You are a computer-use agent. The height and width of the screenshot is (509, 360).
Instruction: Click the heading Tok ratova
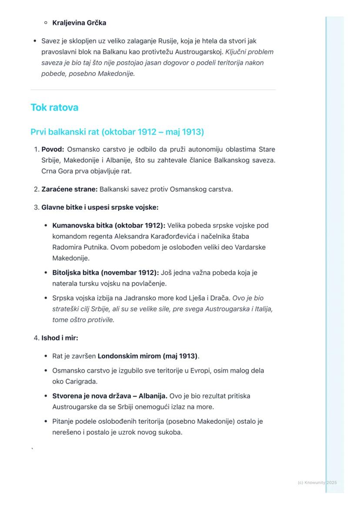[54, 107]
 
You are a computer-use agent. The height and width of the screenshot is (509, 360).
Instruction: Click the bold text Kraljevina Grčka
[79, 23]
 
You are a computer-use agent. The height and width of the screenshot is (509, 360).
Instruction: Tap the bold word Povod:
[53, 150]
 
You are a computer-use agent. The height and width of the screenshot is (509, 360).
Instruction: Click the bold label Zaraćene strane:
[70, 189]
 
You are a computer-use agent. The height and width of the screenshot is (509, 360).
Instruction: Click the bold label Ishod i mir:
[60, 338]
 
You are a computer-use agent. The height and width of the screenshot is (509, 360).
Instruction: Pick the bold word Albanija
[153, 396]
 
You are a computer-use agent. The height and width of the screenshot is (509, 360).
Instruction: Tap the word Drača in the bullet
[220, 298]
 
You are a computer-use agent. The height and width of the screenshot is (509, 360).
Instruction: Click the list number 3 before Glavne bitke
[36, 207]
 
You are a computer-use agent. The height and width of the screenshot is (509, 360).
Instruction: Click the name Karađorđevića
[173, 236]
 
